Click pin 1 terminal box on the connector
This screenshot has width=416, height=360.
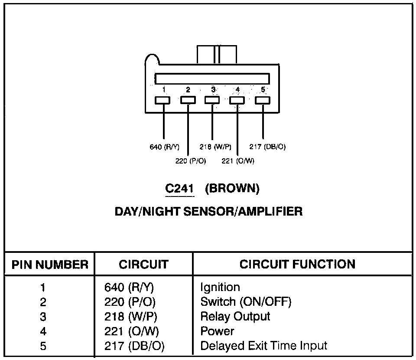163,100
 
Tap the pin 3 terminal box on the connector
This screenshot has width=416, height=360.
212,100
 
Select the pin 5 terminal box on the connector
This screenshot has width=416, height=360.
263,100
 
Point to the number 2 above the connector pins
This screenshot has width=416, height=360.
188,90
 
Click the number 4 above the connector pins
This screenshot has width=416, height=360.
237,90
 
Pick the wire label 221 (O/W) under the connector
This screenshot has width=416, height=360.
238,161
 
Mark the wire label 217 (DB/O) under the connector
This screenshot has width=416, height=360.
268,147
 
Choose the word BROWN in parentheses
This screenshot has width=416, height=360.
232,189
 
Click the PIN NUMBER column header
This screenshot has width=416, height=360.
50,265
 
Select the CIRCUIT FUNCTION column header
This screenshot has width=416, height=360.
297,264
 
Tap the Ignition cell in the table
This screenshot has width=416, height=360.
220,287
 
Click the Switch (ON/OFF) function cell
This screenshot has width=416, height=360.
246,301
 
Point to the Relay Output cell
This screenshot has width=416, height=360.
235,316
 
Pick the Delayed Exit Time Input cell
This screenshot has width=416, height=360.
263,346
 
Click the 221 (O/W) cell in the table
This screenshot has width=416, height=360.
132,331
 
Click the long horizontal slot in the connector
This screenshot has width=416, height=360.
212,79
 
